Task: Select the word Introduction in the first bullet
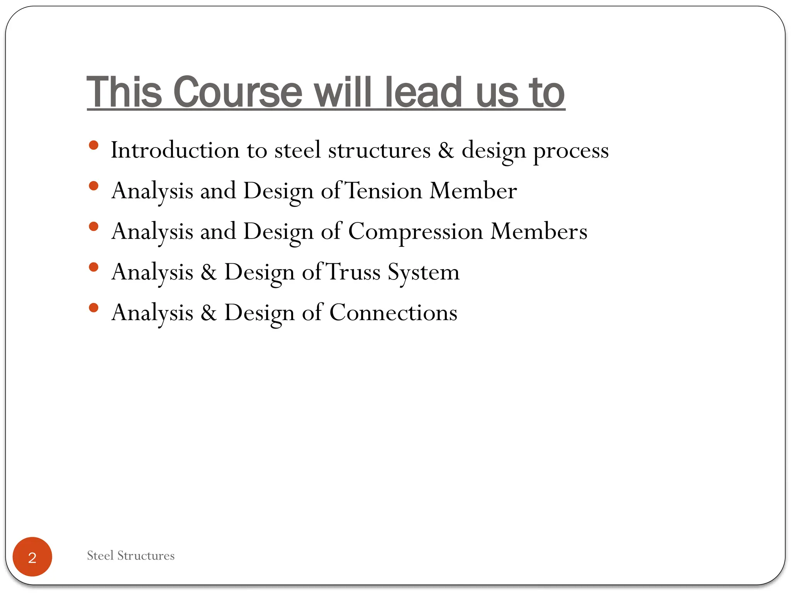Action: coord(175,150)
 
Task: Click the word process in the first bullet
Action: coord(571,151)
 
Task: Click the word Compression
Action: coord(416,232)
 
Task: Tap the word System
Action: coord(424,273)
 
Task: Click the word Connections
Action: coord(393,312)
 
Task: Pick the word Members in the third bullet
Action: coord(539,231)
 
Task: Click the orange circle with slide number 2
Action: coord(32,557)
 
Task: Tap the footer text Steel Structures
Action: coord(131,556)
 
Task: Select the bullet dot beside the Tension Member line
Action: coord(93,186)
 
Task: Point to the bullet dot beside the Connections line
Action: coord(93,308)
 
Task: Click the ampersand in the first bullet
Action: coord(446,150)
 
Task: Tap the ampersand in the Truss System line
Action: coord(209,272)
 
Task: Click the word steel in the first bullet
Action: coord(297,150)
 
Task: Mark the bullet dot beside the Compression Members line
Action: coord(93,227)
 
